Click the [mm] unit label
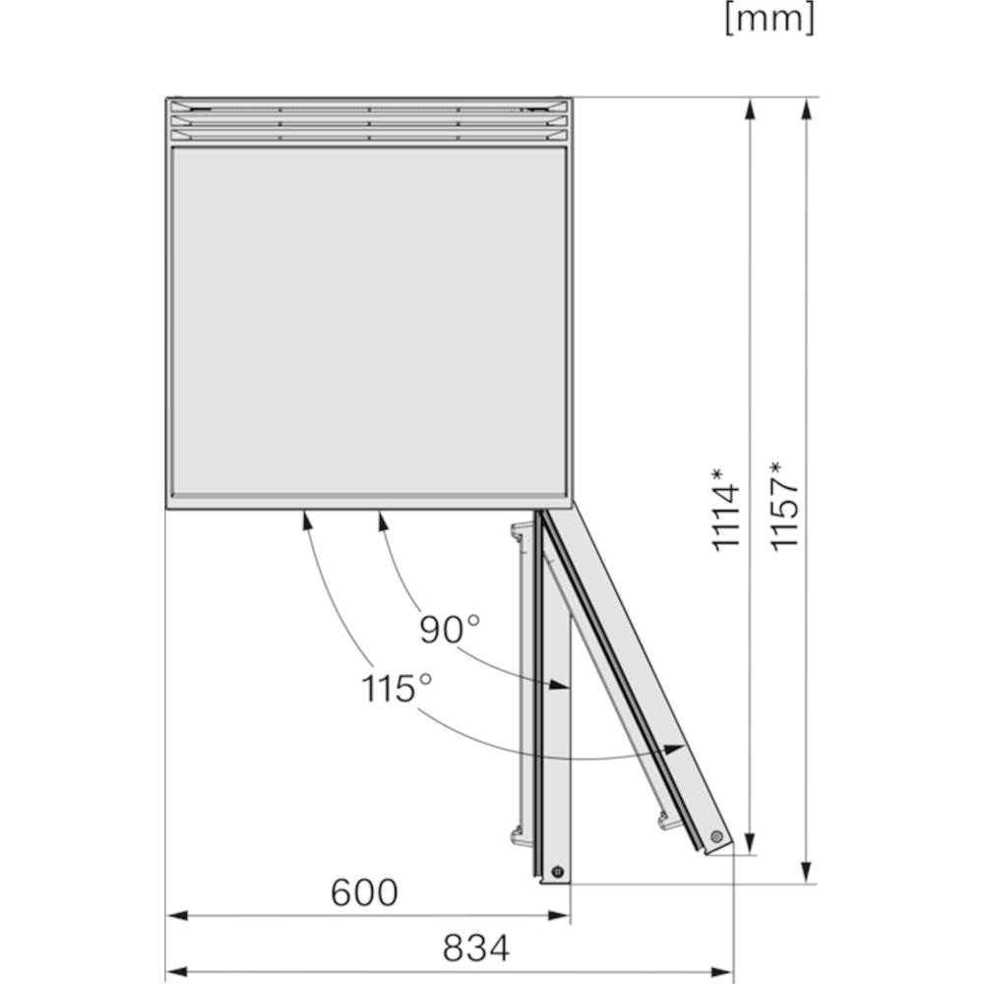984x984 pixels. pos(770,20)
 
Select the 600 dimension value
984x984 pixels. pos(364,892)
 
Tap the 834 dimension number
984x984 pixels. pos(476,949)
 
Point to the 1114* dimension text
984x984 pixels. pos(725,509)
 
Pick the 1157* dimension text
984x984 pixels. pos(784,506)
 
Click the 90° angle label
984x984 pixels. pos(450,630)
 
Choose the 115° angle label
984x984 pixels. pos(397,688)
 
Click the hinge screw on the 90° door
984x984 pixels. pos(557,872)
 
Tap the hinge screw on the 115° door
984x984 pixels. pos(716,835)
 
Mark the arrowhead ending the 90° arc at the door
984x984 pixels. pos(559,684)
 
